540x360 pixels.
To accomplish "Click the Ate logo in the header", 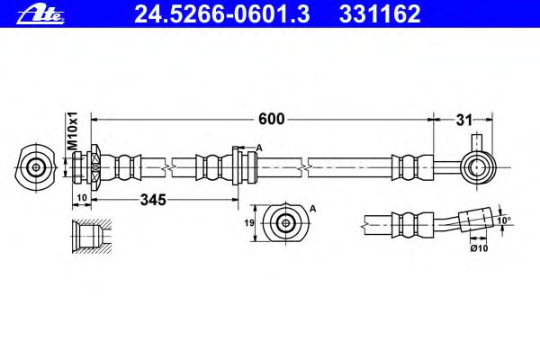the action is (x=40, y=14).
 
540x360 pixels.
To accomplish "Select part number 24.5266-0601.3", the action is (x=222, y=14).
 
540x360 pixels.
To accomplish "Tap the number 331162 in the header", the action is (x=380, y=14).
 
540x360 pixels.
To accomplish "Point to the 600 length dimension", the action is (x=272, y=119).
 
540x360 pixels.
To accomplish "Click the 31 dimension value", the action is (x=464, y=121).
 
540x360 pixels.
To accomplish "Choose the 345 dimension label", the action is (x=153, y=200).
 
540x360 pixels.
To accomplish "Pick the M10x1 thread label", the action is (x=73, y=130).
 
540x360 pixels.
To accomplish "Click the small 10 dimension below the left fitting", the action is (x=82, y=198).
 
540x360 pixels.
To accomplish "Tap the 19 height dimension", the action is (x=249, y=223).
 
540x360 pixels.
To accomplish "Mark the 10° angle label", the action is (x=504, y=220).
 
